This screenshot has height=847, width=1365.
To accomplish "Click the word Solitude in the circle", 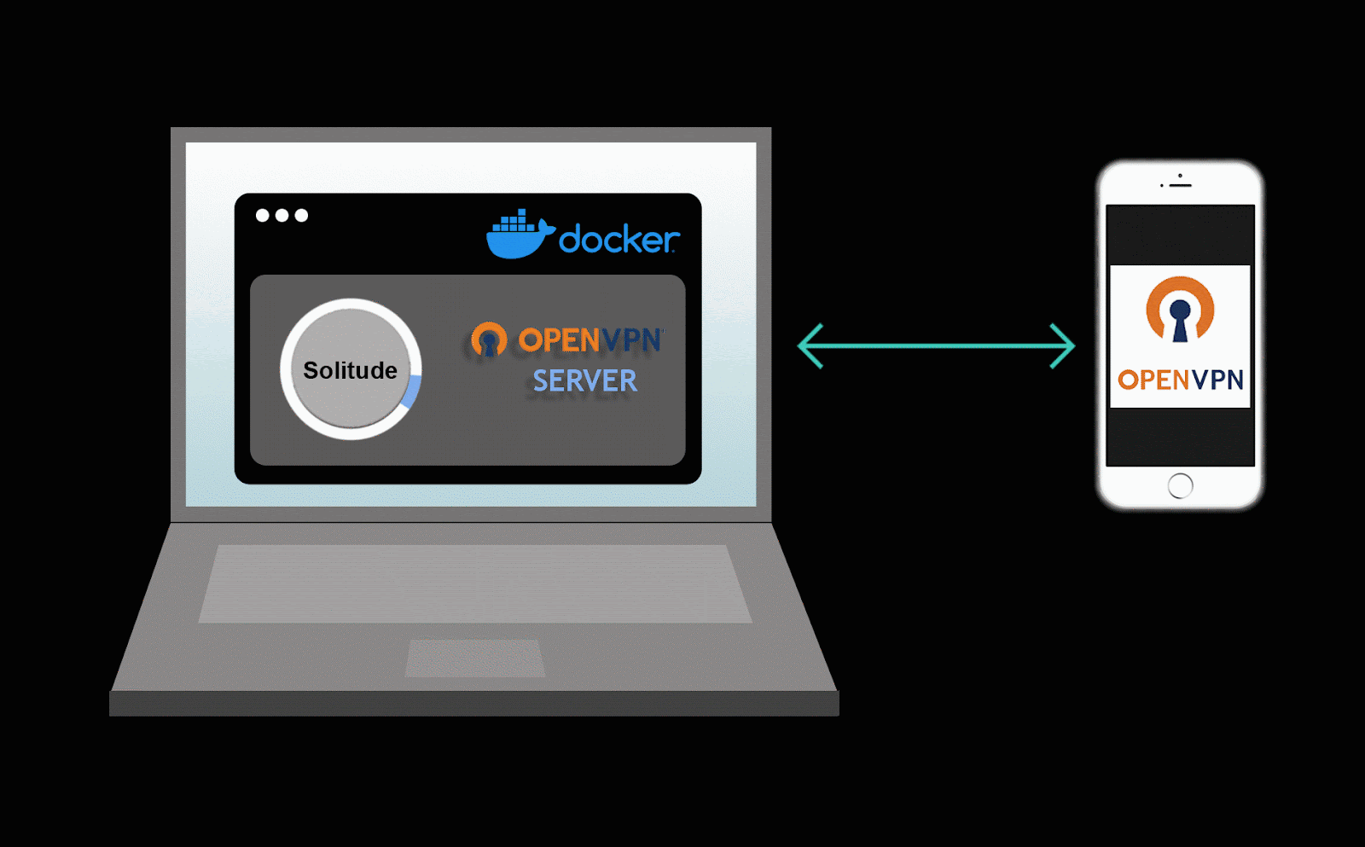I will click(x=350, y=370).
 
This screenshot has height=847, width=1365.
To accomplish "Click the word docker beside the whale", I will click(x=619, y=240).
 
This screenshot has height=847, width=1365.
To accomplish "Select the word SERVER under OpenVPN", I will click(x=585, y=380).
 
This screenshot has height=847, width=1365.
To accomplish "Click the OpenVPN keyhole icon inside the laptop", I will click(x=489, y=339).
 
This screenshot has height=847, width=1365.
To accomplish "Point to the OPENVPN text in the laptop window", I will click(x=590, y=340).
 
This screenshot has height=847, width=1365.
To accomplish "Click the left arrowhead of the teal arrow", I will click(x=810, y=346).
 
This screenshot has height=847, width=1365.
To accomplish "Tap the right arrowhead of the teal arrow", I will click(x=1063, y=346).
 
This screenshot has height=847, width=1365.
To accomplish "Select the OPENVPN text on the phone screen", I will click(x=1180, y=380).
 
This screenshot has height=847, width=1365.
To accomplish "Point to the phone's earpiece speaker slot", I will click(x=1181, y=184).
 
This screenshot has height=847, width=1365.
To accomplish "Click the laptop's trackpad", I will click(x=474, y=658).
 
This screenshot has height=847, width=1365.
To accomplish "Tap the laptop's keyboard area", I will click(x=474, y=583).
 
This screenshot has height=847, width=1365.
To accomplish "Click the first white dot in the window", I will click(x=263, y=215).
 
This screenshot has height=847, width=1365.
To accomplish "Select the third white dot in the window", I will click(x=301, y=215).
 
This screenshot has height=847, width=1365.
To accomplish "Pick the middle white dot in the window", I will click(x=282, y=215).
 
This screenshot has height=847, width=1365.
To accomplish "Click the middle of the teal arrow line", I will click(x=936, y=346).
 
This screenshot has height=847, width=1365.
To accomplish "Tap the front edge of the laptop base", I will click(x=474, y=704).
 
